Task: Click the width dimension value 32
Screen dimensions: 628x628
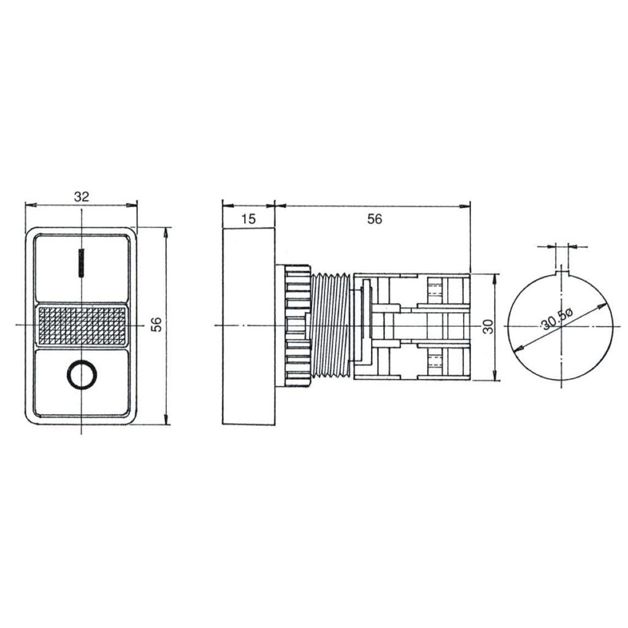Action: [82, 197]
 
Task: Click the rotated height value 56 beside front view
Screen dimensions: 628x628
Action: [156, 324]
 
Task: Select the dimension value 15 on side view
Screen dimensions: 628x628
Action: [248, 219]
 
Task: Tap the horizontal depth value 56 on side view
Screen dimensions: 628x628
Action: [375, 219]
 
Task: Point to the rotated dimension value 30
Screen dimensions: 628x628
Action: [488, 327]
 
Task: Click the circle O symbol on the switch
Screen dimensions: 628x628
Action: [82, 375]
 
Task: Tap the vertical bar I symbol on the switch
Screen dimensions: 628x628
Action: [82, 262]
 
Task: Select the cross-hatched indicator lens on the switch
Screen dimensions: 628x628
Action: [82, 326]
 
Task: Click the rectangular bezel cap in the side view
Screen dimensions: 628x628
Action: [249, 326]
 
